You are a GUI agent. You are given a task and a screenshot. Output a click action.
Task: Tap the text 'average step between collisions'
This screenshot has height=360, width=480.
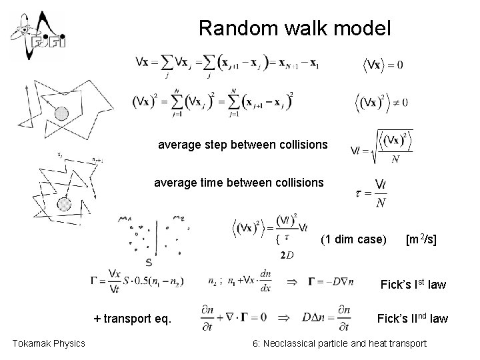(243, 144)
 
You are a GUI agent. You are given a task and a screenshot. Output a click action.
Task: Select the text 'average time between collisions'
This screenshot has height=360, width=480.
(239, 182)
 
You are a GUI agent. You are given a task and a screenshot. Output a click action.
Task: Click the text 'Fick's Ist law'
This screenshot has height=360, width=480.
(413, 285)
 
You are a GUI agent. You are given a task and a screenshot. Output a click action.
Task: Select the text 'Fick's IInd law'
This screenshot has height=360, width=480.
(412, 319)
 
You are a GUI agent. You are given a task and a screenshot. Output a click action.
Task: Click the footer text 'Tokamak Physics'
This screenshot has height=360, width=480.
(49, 343)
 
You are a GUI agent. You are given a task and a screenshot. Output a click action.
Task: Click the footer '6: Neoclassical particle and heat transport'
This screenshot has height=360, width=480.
(338, 343)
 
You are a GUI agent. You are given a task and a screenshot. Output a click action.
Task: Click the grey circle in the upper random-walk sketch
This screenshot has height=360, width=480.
(62, 114)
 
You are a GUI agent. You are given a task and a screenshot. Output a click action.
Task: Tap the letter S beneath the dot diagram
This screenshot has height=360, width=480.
(149, 263)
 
